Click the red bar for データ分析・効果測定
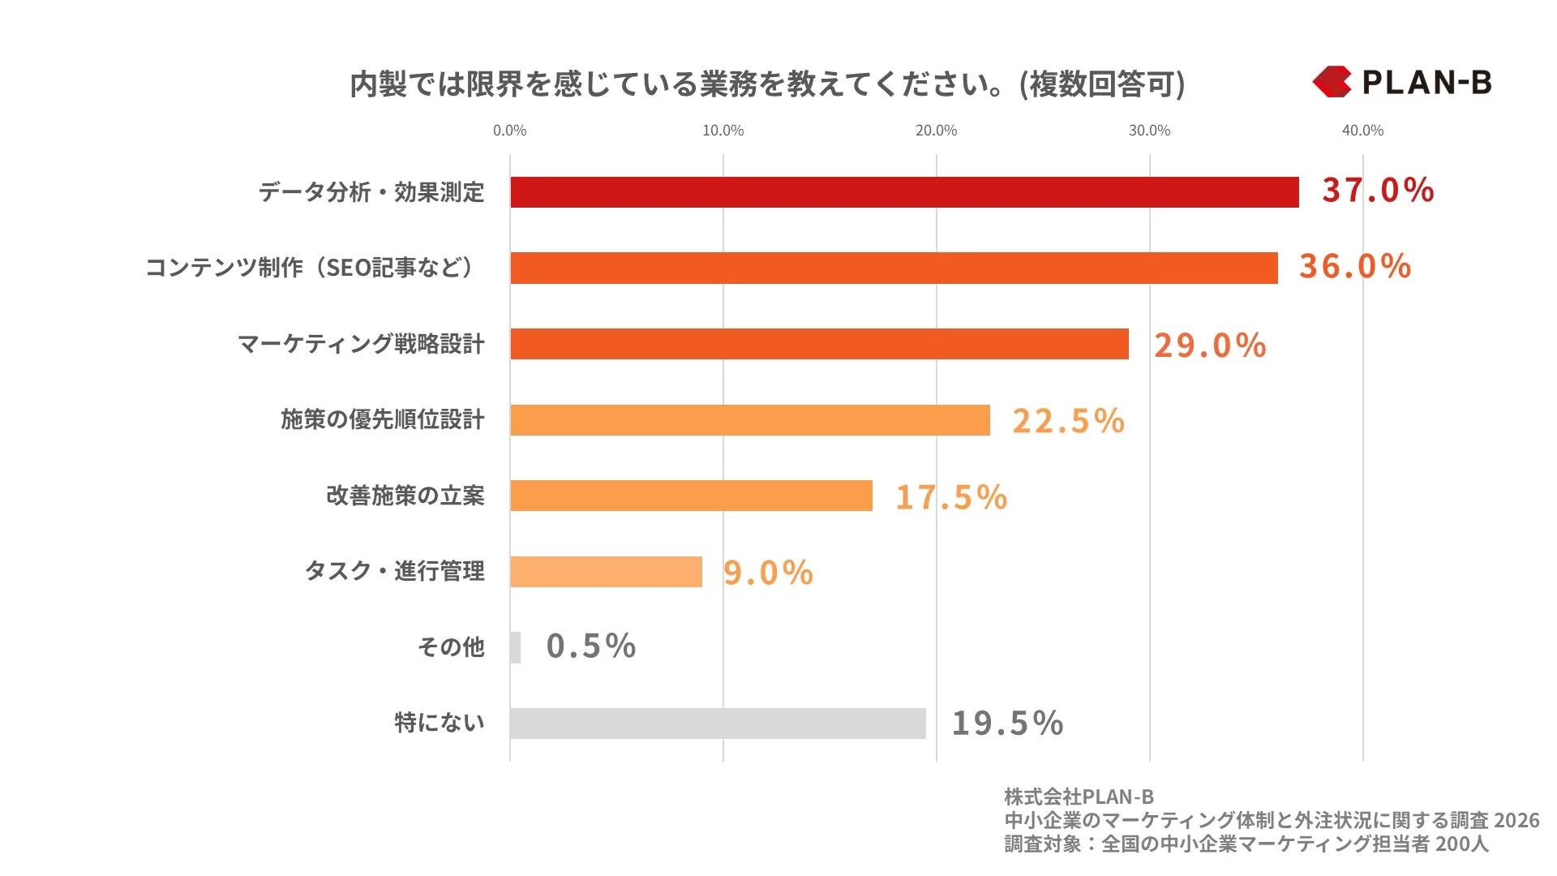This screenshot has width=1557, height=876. click(904, 192)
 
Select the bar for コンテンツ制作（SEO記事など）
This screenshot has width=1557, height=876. click(894, 268)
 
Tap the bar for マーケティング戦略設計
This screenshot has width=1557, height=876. click(819, 344)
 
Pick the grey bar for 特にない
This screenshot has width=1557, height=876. click(718, 724)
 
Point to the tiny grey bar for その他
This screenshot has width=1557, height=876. click(516, 647)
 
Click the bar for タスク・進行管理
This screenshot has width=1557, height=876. click(606, 572)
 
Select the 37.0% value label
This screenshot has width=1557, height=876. click(1378, 191)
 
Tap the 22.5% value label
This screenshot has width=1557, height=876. click(1068, 421)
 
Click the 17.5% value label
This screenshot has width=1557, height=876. click(951, 497)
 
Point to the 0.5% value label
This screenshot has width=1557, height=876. click(591, 646)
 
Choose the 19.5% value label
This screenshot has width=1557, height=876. click(1007, 724)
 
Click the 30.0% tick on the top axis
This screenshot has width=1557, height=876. click(1149, 131)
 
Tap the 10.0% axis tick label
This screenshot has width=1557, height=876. click(723, 131)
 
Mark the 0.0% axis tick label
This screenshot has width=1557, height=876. click(509, 131)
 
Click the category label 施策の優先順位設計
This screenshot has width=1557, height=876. click(383, 419)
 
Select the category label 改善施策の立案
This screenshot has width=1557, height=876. click(405, 496)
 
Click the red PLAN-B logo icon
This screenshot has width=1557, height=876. click(1332, 82)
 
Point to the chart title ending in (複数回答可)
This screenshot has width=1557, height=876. click(767, 84)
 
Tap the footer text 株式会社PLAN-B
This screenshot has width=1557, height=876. click(1079, 797)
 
